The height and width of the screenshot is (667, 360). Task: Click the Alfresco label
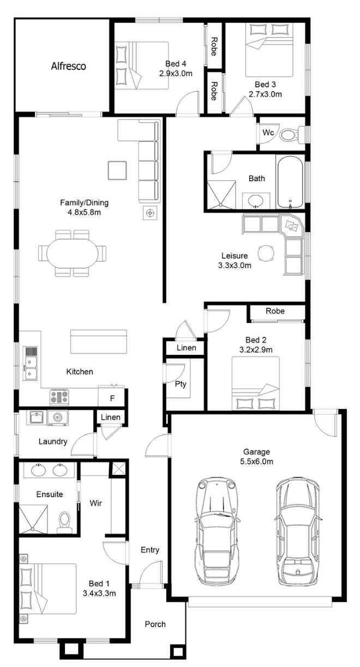(x=68, y=66)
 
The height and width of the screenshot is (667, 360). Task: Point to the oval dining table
(x=73, y=253)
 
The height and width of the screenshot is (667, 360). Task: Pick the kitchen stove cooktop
(x=59, y=397)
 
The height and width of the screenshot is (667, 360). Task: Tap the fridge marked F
(x=112, y=397)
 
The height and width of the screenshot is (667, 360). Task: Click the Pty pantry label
(x=181, y=384)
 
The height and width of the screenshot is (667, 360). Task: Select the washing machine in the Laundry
(x=57, y=418)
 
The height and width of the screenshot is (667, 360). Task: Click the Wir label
(x=95, y=503)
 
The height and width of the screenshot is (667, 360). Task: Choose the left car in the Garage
(x=218, y=533)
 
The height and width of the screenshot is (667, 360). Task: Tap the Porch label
(x=155, y=624)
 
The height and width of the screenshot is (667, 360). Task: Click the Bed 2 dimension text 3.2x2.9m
(x=256, y=349)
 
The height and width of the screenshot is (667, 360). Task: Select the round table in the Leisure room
(x=266, y=253)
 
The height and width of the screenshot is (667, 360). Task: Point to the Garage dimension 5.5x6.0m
(x=256, y=462)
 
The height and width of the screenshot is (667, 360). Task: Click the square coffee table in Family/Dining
(x=117, y=170)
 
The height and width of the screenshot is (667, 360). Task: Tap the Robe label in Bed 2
(x=275, y=311)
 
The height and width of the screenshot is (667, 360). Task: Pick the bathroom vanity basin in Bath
(x=256, y=201)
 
